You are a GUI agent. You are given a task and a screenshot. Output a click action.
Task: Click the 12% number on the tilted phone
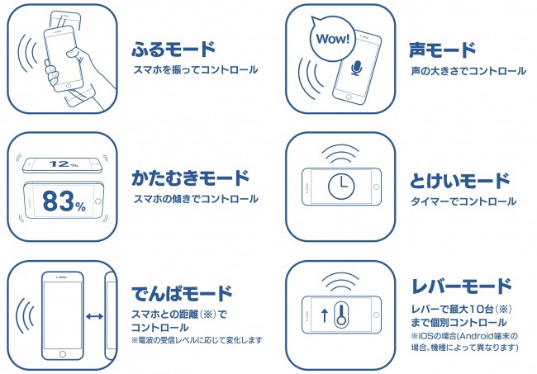point(63,163)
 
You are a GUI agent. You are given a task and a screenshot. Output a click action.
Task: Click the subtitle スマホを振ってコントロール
point(196,71)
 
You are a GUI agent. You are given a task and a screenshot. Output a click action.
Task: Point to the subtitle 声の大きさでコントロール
point(468,71)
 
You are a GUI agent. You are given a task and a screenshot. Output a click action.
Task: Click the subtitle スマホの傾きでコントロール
point(196,199)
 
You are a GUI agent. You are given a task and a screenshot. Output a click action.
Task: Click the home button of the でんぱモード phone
point(61,353)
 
